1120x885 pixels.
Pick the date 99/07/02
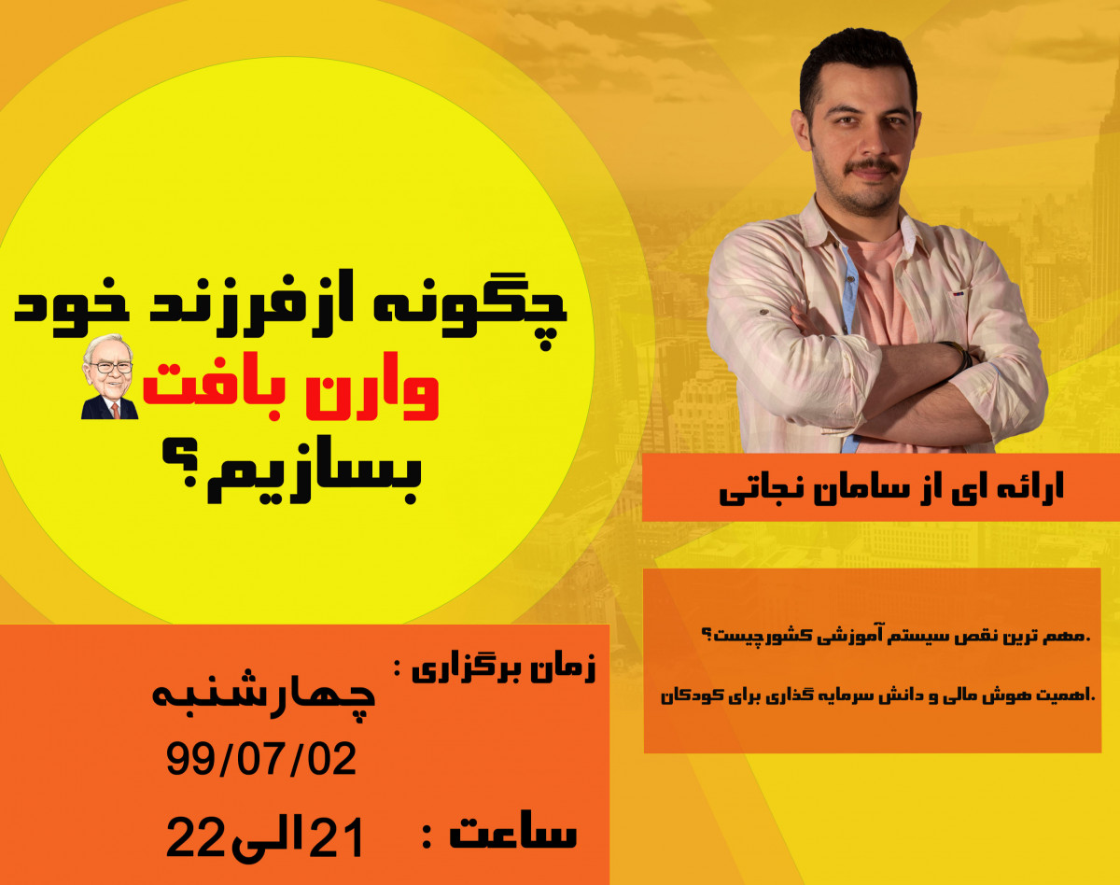click(261, 760)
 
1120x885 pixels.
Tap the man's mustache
click(874, 167)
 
